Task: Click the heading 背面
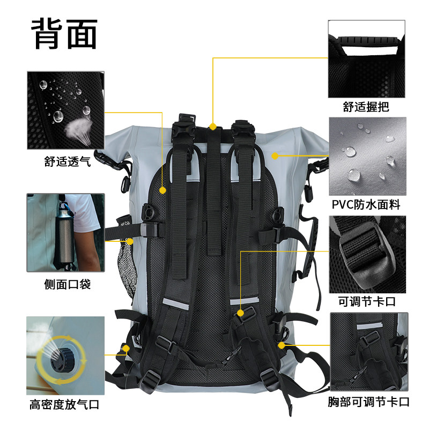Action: tap(64, 34)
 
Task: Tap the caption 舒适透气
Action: tap(68, 162)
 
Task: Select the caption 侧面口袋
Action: tap(68, 285)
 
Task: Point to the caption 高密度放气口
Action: tap(64, 404)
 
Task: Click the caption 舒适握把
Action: tap(366, 107)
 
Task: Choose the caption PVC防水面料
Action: tap(366, 205)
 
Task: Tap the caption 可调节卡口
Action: tap(367, 301)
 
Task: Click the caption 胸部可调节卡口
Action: tap(369, 402)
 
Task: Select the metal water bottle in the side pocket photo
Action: tap(64, 235)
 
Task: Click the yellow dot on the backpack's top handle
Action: tap(213, 127)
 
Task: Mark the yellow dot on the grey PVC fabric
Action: tap(275, 156)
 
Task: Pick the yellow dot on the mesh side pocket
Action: tap(130, 241)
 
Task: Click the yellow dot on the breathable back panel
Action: tap(162, 190)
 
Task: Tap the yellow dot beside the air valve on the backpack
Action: tap(126, 349)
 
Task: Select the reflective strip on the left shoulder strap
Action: tap(175, 304)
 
